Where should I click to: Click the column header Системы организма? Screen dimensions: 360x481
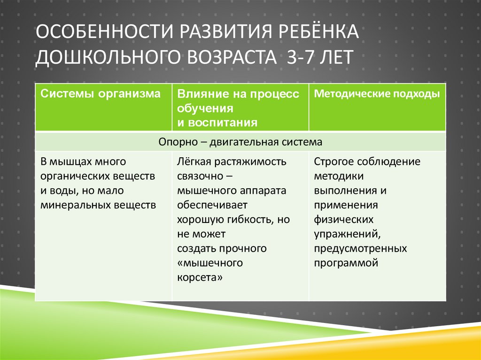pos(101,94)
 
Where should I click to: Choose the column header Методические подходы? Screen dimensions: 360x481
pos(377,94)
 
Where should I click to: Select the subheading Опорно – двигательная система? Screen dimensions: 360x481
pos(240,142)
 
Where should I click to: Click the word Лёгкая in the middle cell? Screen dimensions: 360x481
pos(194,162)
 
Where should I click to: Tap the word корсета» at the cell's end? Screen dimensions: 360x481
pos(200,277)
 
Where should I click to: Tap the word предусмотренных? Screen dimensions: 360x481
pos(361,248)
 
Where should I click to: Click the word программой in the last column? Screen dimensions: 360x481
pos(347,263)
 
